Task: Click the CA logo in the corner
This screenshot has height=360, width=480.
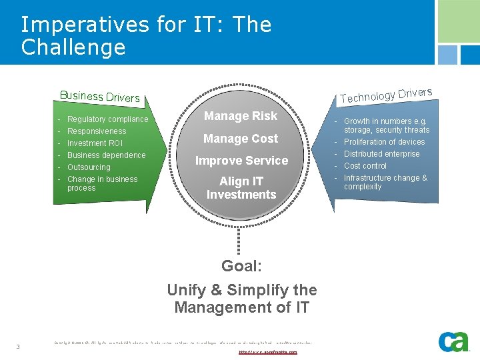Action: point(454,341)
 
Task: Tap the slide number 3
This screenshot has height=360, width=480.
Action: point(18,346)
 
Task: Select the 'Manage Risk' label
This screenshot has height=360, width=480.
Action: point(241,116)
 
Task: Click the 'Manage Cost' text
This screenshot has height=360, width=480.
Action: point(241,139)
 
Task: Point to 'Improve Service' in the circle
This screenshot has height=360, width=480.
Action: point(241,161)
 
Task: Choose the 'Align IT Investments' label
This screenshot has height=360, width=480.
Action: point(241,188)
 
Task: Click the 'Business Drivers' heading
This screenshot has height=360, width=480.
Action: point(100,97)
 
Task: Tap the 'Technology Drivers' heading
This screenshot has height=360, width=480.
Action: point(386,95)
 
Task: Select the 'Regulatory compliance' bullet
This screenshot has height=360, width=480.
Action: point(108,119)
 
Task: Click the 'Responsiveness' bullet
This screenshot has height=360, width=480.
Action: point(97,131)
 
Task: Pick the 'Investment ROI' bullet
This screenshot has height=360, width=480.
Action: point(95,143)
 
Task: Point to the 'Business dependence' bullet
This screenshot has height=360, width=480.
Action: point(106,155)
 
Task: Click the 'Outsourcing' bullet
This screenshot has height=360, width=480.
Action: point(89,167)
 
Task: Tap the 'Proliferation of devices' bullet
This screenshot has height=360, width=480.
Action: point(384,142)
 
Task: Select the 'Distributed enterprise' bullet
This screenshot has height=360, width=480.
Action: point(382,154)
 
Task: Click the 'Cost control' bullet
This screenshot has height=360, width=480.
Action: point(365,166)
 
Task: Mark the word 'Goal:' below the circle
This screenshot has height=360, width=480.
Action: point(241,266)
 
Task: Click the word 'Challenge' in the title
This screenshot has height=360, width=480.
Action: point(73,47)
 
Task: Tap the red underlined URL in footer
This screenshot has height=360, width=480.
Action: point(267,351)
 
